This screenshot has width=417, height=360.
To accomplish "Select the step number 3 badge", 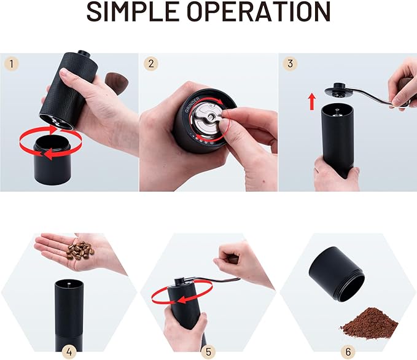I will [290, 63].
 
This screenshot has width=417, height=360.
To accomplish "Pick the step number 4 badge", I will [69, 352].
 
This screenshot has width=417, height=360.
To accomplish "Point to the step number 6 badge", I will [348, 352].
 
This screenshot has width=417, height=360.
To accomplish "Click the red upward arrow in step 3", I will [311, 101].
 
